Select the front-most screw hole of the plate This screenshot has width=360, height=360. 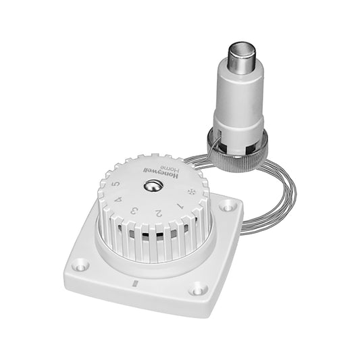[198, 289]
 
